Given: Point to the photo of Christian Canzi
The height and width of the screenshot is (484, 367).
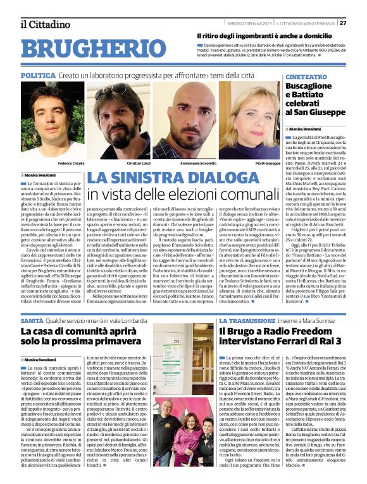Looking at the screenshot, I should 120,121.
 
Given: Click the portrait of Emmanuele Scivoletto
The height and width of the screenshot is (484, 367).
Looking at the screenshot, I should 184,121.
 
